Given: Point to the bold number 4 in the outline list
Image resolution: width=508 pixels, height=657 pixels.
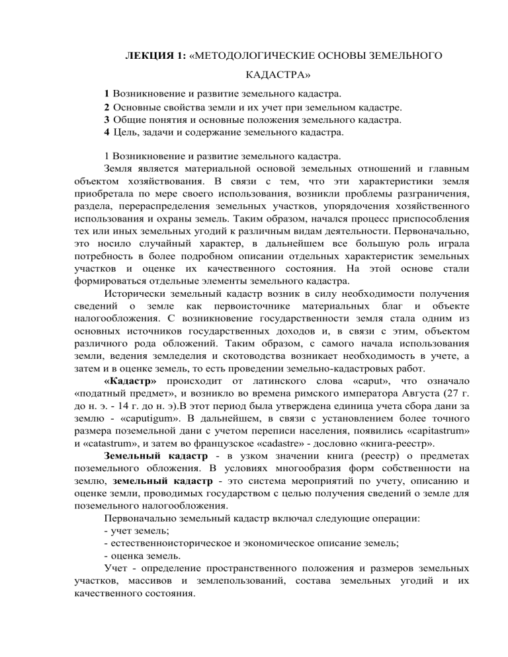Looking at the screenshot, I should pyautogui.click(x=106, y=132).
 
